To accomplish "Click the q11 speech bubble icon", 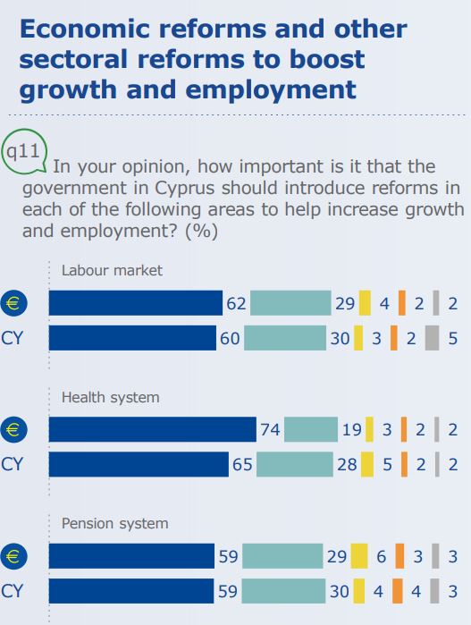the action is pyautogui.click(x=25, y=151).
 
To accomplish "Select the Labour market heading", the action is pyautogui.click(x=112, y=271).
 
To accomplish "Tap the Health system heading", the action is pyautogui.click(x=111, y=397).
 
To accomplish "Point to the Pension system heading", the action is pyautogui.click(x=114, y=523).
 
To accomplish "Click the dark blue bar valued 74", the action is pyautogui.click(x=153, y=429).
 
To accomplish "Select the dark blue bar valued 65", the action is pyautogui.click(x=139, y=464).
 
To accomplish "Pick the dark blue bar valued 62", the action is pyautogui.click(x=136, y=303).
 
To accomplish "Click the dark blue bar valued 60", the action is pyautogui.click(x=132, y=338).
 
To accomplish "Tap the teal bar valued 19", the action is pyautogui.click(x=311, y=429).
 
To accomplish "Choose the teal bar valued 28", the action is pyautogui.click(x=295, y=464).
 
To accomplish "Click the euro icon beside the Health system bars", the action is pyautogui.click(x=13, y=429).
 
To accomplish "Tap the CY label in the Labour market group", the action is pyautogui.click(x=12, y=338).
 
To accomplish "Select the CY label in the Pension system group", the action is pyautogui.click(x=12, y=591).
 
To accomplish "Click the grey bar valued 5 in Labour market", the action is pyautogui.click(x=432, y=338).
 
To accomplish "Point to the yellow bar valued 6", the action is pyautogui.click(x=359, y=556).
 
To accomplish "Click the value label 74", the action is pyautogui.click(x=270, y=430).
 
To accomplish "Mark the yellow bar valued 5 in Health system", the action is pyautogui.click(x=367, y=464).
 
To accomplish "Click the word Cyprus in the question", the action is pyautogui.click(x=184, y=189).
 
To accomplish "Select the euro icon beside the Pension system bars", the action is pyautogui.click(x=13, y=556).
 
